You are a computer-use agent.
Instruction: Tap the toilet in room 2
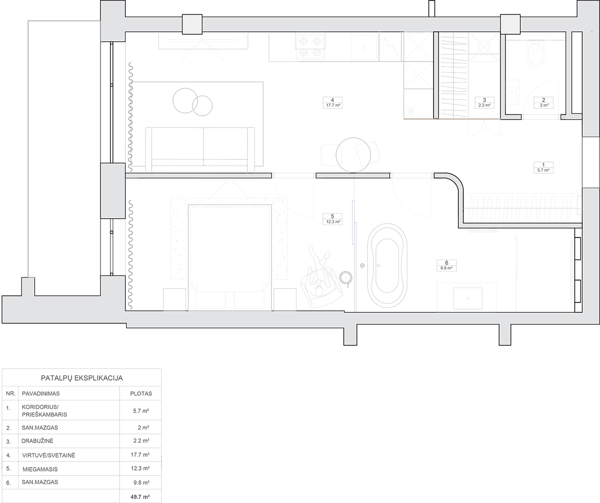click(535, 53)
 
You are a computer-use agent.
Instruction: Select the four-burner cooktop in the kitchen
click(310, 47)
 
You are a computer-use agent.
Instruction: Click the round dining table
click(353, 155)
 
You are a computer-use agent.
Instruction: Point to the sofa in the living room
click(200, 149)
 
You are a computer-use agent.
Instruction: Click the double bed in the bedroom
click(230, 257)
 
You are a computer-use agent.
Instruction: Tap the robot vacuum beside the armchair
click(345, 277)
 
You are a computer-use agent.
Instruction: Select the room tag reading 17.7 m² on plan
click(332, 102)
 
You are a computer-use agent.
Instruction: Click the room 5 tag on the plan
click(332, 219)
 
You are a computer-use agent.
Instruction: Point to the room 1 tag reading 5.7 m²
click(543, 167)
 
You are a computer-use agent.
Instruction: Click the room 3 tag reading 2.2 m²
click(484, 102)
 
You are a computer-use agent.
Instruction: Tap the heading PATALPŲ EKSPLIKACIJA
click(82, 377)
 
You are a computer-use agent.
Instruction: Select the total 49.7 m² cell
click(141, 496)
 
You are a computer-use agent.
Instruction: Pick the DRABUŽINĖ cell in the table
click(37, 441)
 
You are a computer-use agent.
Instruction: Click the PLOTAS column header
click(141, 393)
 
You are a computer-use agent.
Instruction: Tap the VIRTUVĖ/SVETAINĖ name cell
click(48, 455)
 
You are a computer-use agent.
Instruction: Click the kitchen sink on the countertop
click(364, 47)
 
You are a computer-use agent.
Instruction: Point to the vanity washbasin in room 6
click(468, 298)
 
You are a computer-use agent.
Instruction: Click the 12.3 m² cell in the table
click(140, 468)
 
